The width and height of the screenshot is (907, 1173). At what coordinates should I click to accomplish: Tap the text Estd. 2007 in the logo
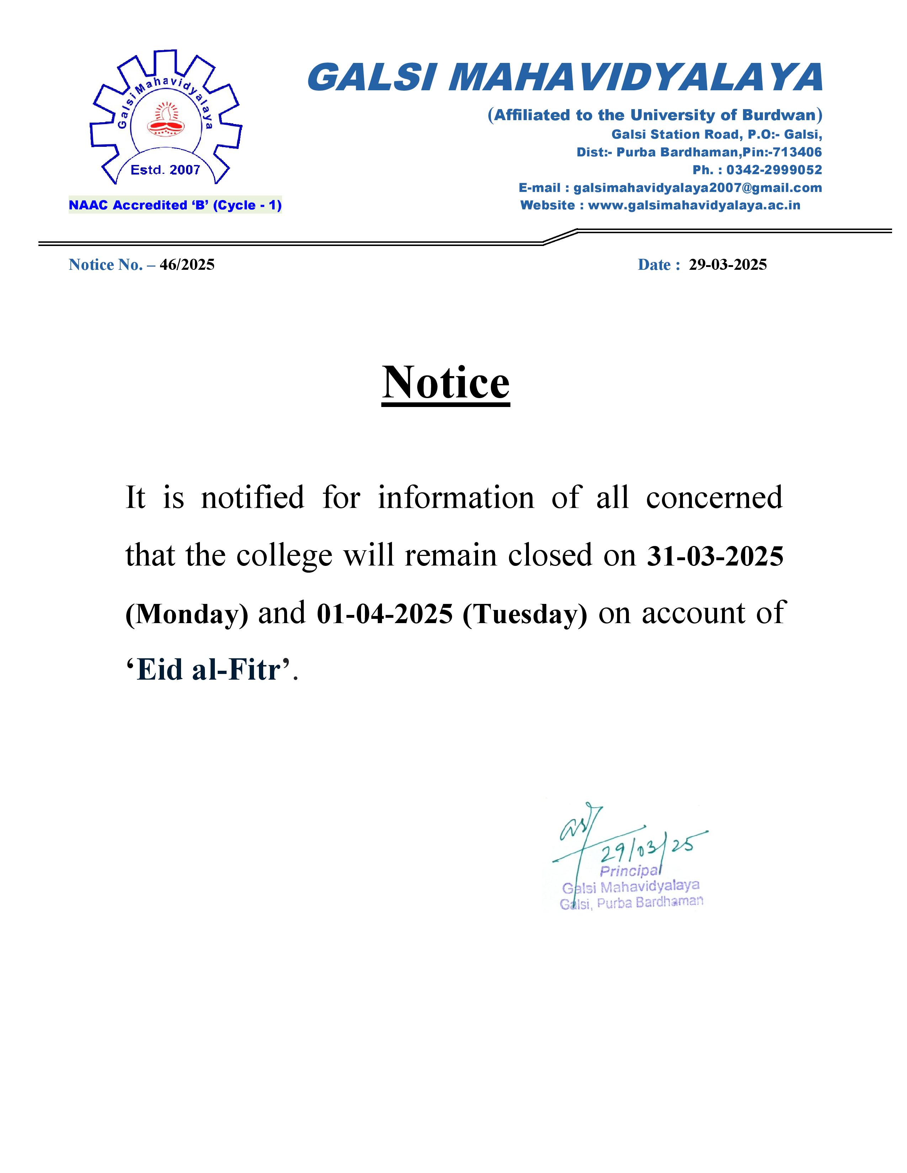click(x=165, y=170)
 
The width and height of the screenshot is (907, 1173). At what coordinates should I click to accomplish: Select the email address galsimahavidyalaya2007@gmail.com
click(x=698, y=188)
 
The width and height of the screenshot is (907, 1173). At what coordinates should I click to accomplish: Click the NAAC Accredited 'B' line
click(x=175, y=205)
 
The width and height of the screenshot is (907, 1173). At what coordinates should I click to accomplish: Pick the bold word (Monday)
click(x=186, y=614)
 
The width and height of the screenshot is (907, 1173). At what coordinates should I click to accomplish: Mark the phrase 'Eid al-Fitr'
click(x=210, y=670)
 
